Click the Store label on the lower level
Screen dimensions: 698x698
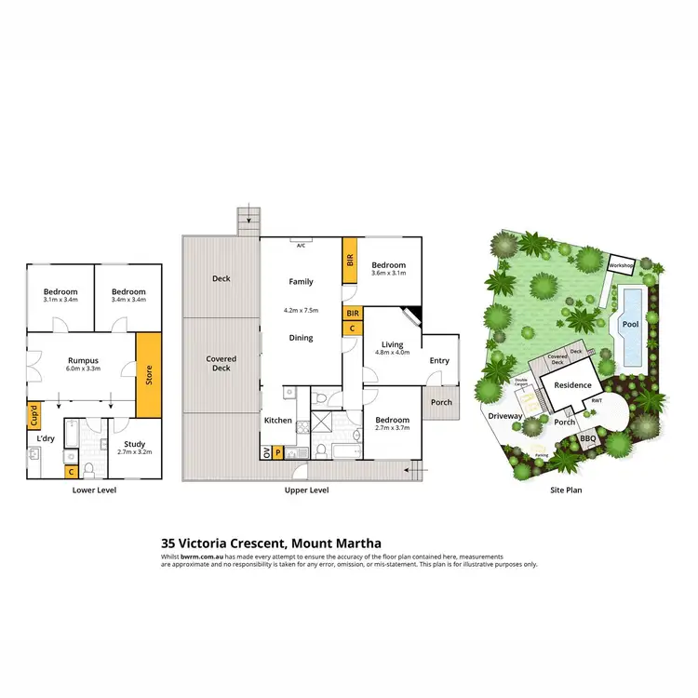click(149, 376)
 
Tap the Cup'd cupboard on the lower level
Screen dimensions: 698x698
click(34, 414)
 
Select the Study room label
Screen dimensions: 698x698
click(135, 445)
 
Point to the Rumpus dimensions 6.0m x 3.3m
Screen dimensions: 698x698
click(83, 369)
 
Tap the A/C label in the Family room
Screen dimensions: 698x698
click(301, 246)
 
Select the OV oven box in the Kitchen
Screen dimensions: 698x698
click(267, 453)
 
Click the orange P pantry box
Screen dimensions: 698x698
click(278, 453)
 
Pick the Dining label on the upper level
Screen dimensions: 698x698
click(300, 338)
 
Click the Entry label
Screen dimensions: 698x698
click(439, 361)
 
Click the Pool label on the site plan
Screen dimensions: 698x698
click(631, 325)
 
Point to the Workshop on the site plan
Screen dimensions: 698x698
click(621, 266)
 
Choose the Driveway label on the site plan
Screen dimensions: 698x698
click(505, 416)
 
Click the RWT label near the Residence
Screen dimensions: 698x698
click(597, 401)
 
